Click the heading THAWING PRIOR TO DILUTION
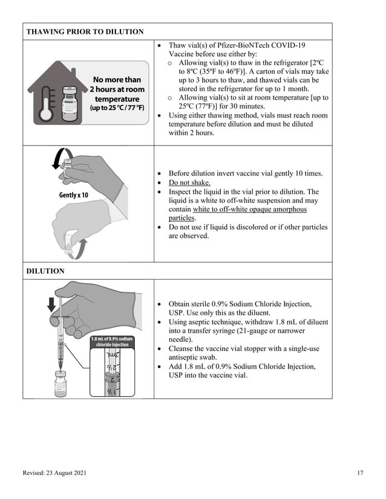coord(85,31)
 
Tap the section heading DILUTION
coord(45,271)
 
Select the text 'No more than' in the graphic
coord(117,79)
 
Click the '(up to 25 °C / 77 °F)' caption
coord(117,108)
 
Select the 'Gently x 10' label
coord(73,195)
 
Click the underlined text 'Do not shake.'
coord(189,182)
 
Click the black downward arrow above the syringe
coord(51,302)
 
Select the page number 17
coord(360,473)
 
